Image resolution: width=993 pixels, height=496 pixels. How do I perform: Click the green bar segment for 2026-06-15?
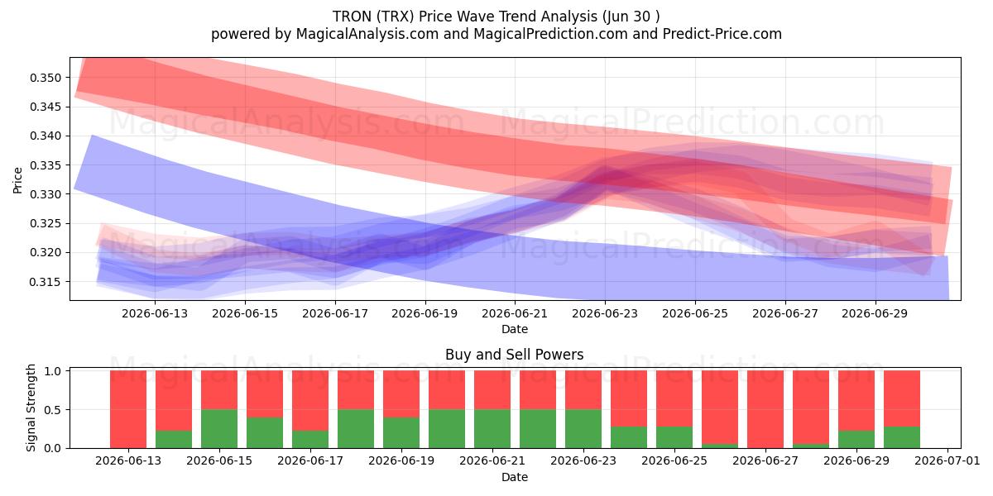click(x=219, y=429)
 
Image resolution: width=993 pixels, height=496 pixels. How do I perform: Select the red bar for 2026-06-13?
click(x=128, y=409)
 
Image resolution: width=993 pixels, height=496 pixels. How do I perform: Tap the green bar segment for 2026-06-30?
click(x=902, y=437)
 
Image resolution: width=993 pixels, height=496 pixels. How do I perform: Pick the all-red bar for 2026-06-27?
click(x=765, y=409)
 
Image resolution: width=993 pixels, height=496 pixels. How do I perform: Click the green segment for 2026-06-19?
click(x=401, y=432)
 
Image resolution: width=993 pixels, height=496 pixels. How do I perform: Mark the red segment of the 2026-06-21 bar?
click(x=492, y=390)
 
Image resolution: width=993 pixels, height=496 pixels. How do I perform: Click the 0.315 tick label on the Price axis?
click(x=46, y=282)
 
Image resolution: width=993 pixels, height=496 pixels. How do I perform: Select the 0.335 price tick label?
click(x=46, y=165)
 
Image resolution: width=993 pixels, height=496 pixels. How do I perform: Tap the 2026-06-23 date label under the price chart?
click(x=605, y=313)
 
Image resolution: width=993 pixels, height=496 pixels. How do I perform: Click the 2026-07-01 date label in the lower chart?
click(x=947, y=460)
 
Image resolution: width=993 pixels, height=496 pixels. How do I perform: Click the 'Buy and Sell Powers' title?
click(x=514, y=355)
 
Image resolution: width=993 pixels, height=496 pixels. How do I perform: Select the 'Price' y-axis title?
click(x=17, y=180)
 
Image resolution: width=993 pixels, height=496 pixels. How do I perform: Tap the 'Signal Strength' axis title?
click(x=31, y=408)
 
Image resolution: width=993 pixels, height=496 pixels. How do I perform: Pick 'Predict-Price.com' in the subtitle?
click(x=722, y=34)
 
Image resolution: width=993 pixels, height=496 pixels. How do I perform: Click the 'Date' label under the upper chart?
click(x=514, y=329)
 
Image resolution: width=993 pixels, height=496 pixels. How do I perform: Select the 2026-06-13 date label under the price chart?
click(x=155, y=313)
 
